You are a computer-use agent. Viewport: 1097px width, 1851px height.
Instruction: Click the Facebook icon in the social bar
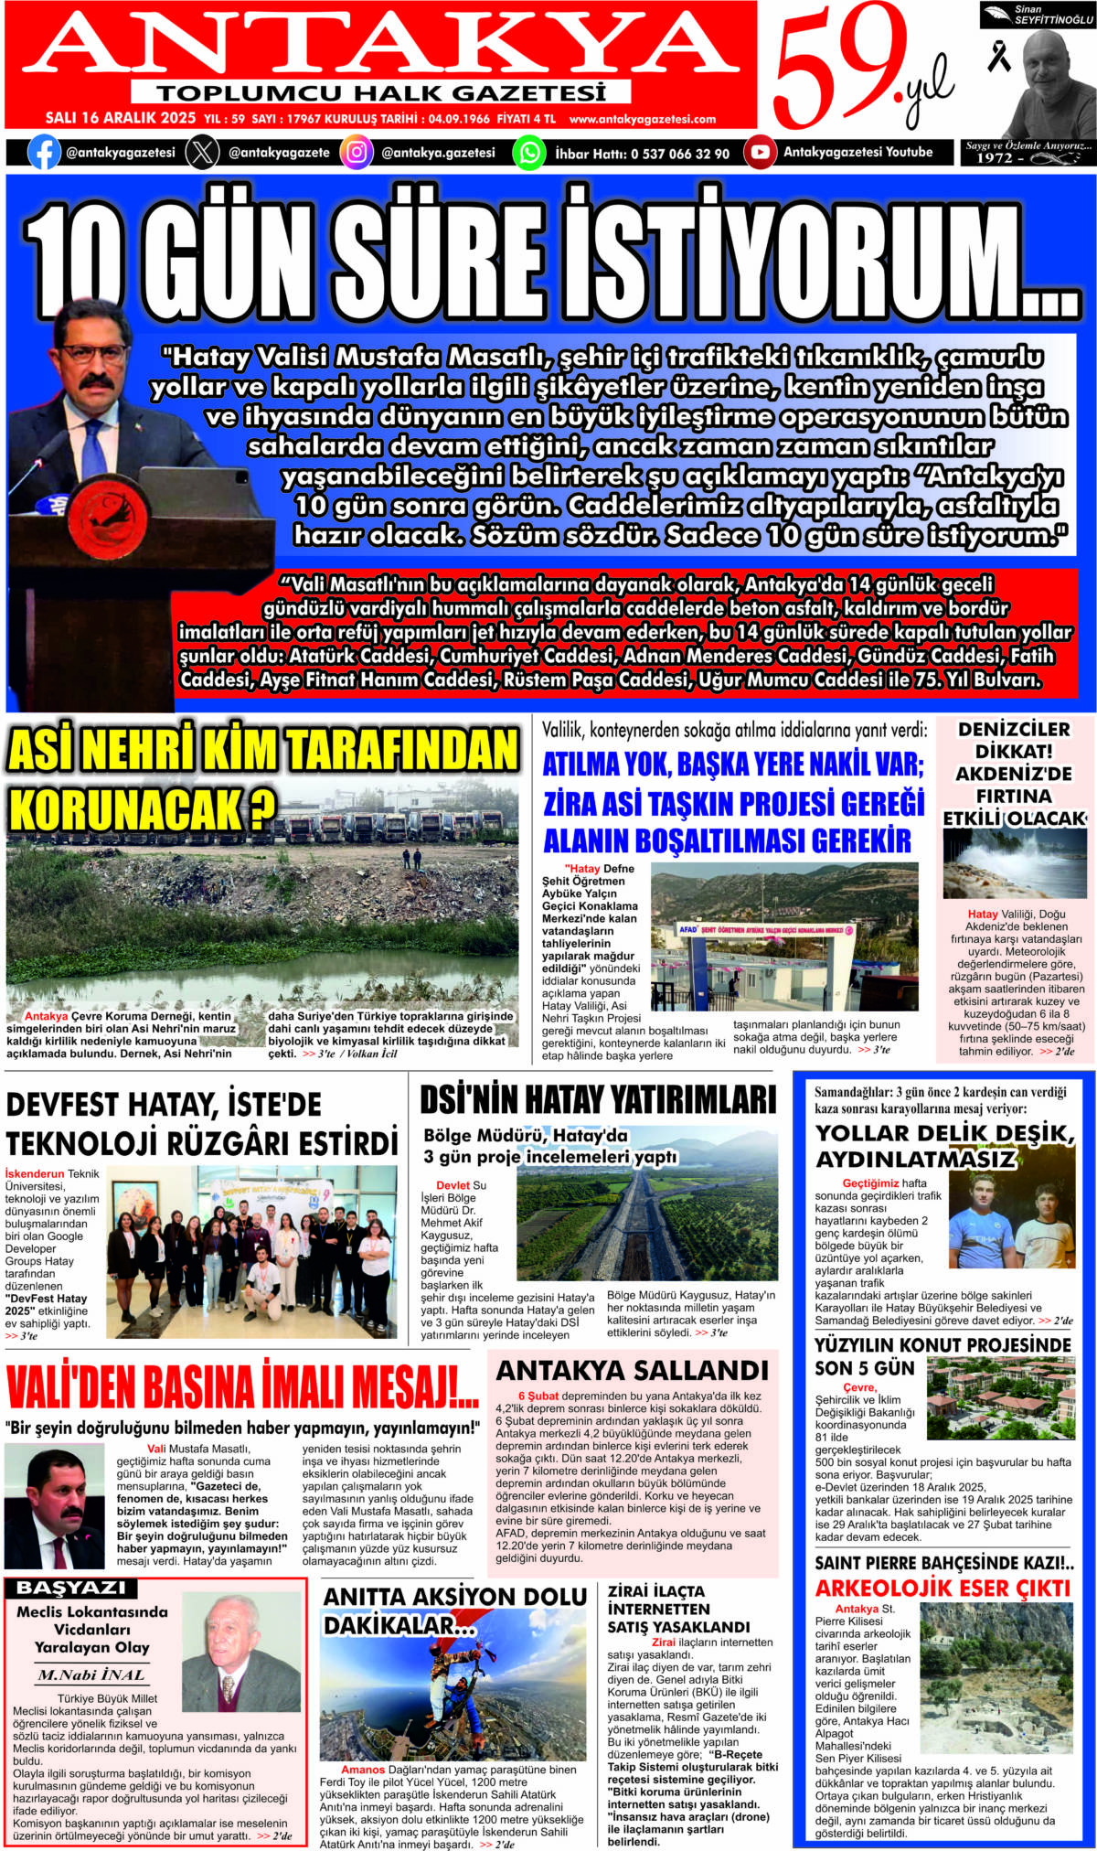[44, 152]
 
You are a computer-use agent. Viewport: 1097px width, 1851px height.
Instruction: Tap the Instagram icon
[357, 152]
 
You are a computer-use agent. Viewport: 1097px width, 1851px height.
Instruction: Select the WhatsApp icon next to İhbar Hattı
[528, 153]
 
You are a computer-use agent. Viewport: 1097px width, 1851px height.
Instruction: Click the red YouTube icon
[760, 152]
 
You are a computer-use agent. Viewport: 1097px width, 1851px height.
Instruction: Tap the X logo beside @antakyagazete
[202, 152]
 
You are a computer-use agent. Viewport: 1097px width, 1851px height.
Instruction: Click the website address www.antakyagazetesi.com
[642, 119]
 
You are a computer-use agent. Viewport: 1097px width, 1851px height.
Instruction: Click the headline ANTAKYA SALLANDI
[632, 1370]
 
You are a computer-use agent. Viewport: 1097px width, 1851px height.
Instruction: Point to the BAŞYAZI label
[71, 1589]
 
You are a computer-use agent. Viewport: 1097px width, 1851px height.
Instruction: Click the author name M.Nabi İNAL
[91, 1675]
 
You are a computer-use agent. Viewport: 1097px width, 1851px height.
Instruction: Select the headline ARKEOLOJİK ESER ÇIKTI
[942, 1589]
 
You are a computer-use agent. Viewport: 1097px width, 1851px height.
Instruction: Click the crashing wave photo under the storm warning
[1015, 864]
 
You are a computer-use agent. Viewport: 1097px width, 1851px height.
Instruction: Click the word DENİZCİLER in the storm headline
[1014, 729]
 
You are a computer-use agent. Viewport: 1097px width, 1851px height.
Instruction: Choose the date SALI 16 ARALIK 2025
[121, 118]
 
